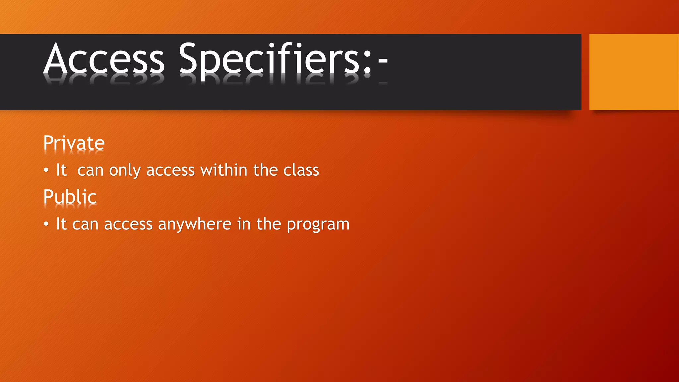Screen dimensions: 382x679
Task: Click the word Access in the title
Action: [104, 59]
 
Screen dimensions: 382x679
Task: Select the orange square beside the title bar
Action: [634, 72]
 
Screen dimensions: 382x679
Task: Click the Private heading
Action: [74, 143]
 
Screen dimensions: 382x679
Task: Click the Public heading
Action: [70, 197]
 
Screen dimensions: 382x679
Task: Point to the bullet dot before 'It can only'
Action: [46, 170]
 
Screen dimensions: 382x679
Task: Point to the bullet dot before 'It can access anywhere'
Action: [46, 224]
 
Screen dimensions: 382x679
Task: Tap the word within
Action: [224, 170]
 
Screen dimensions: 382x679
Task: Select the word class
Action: [301, 170]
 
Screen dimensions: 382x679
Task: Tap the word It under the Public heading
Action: [61, 224]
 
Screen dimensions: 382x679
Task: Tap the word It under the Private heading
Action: [61, 170]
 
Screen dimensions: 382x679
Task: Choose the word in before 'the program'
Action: [244, 224]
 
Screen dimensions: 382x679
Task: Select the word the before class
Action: [265, 170]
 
